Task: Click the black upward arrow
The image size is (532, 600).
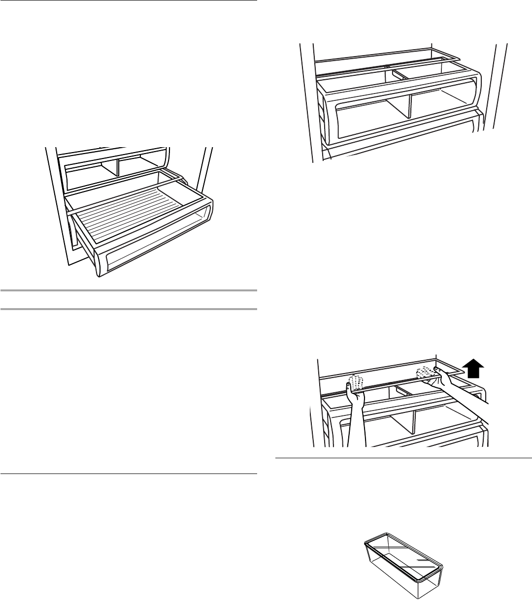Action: (474, 368)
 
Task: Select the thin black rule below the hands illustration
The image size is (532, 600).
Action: (403, 459)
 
